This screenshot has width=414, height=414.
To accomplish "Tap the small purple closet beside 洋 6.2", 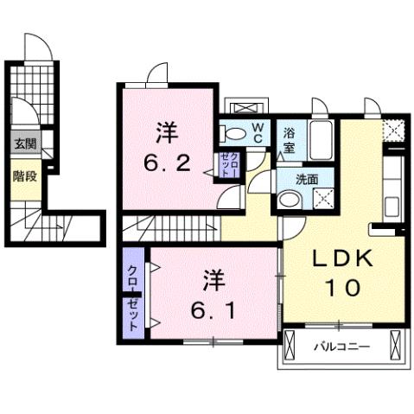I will coord(229,163).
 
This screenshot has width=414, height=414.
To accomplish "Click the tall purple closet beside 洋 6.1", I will coord(134,295).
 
